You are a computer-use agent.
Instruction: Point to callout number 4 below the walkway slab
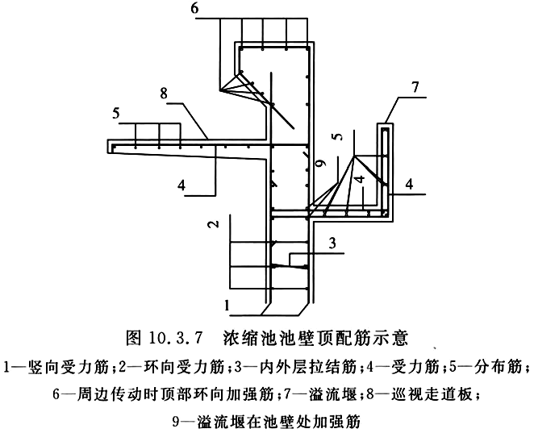click(x=183, y=185)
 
